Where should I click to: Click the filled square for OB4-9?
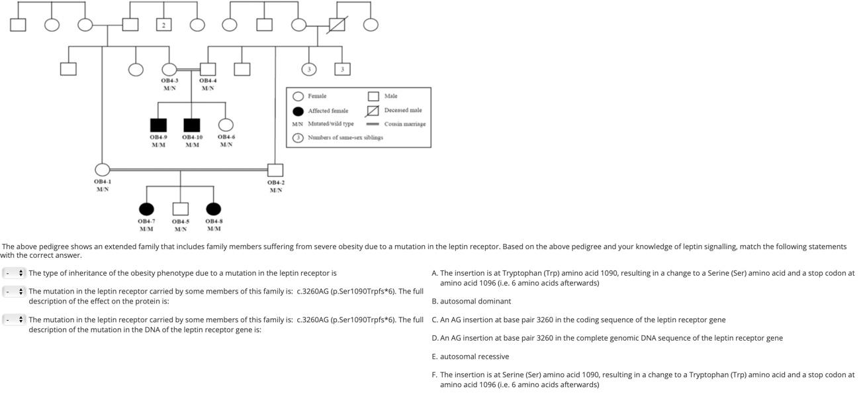coord(158,125)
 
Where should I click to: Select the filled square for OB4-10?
coord(192,125)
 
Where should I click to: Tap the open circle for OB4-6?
coord(226,125)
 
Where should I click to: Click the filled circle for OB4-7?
coord(146,209)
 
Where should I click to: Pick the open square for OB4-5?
coord(180,209)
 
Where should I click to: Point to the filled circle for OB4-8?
coord(213,209)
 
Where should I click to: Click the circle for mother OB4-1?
coord(102,170)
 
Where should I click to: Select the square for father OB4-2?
coord(275,170)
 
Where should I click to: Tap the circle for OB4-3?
coord(169,69)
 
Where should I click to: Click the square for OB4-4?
coord(208,69)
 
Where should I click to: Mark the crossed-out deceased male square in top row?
coord(338,25)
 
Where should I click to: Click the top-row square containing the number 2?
coord(164,25)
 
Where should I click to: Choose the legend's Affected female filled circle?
coord(298,111)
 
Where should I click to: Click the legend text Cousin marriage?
coord(404,124)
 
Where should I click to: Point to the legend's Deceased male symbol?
coord(373,111)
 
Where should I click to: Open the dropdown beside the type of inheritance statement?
coord(14,273)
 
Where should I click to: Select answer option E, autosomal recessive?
coord(475,357)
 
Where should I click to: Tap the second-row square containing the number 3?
coord(342,69)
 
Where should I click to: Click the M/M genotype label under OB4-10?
coord(192,144)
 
